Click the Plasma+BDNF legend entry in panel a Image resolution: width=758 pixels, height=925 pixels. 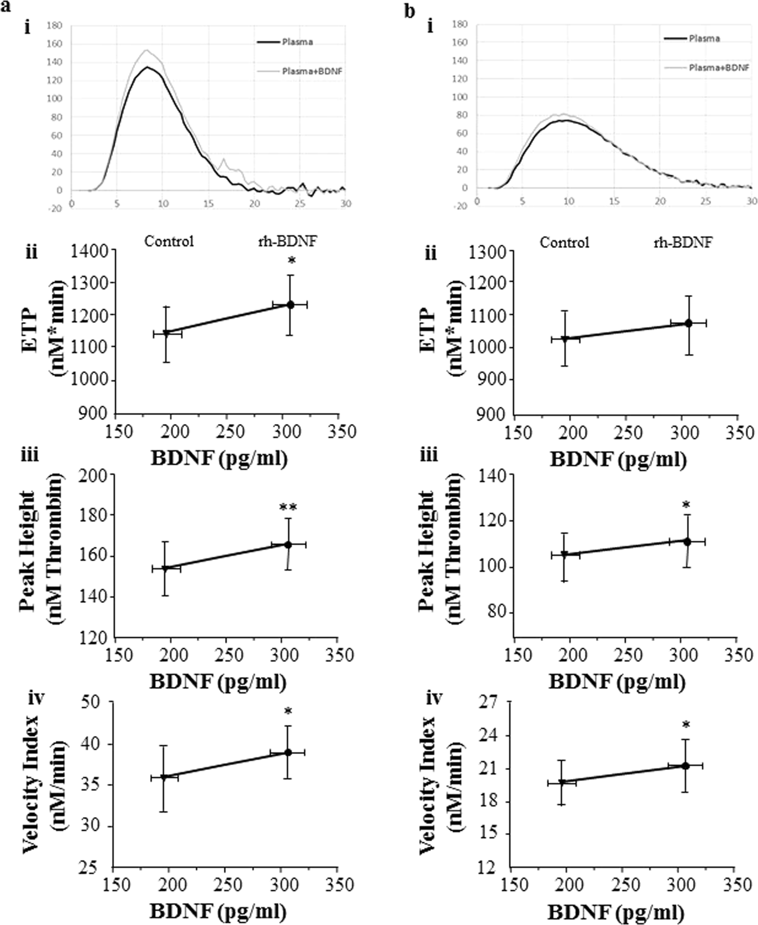(312, 71)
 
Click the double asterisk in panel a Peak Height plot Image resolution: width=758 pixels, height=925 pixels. (288, 507)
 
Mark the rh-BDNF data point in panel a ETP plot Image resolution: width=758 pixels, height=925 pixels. (290, 304)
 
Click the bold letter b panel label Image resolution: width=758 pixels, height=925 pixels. (410, 11)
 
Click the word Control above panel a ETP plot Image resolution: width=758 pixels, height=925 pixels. (169, 241)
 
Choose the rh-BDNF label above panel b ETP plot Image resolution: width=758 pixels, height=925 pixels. (683, 242)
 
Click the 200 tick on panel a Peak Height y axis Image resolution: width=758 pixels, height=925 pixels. (94, 476)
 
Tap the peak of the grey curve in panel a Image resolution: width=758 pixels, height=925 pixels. (147, 50)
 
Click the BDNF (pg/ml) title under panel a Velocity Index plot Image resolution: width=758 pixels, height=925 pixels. (218, 910)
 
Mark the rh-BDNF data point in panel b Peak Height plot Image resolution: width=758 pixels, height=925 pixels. (687, 541)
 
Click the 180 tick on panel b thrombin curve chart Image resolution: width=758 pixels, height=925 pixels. (460, 24)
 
